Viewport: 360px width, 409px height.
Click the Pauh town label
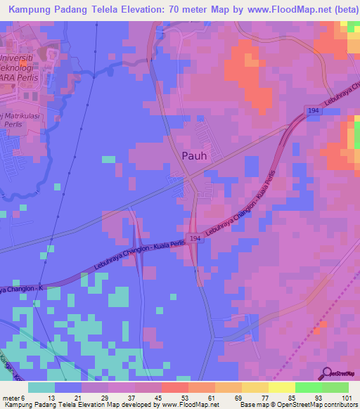coord(194,157)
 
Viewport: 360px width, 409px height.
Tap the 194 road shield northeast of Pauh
coord(313,110)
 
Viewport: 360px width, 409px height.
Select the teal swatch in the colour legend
coord(41,387)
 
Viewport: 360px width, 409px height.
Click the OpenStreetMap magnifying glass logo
coord(326,375)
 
